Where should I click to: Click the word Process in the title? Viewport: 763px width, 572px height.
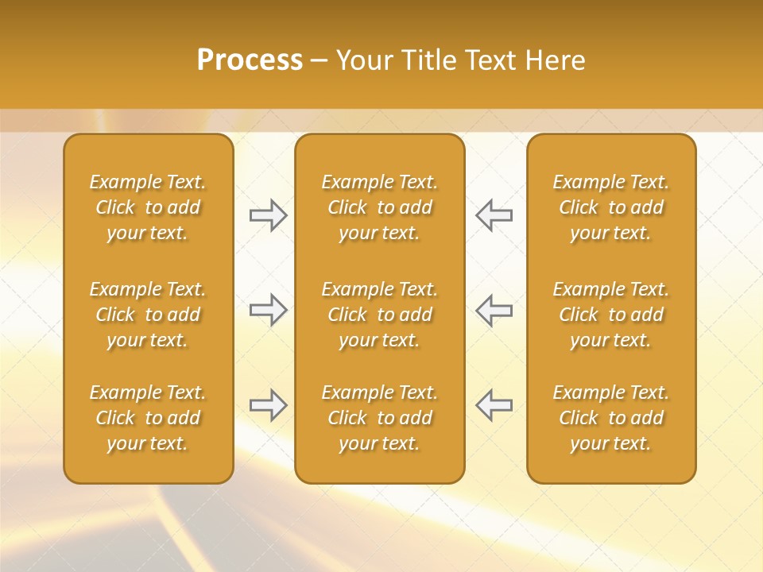click(250, 60)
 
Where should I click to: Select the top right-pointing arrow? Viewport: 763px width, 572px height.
click(268, 215)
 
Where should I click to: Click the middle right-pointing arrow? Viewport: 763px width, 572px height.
click(268, 310)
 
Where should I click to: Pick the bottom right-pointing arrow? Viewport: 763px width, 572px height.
click(268, 405)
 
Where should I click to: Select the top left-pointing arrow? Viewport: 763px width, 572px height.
click(494, 215)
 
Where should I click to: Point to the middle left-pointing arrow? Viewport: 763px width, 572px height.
click(494, 310)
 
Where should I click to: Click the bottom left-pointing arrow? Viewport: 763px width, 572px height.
click(494, 405)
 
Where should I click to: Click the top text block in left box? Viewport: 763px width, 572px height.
click(148, 207)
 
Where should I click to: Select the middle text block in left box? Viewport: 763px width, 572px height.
click(148, 315)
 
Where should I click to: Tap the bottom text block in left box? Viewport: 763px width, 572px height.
click(148, 418)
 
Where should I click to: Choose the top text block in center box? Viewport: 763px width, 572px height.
click(379, 207)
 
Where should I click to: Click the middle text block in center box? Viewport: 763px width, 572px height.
click(379, 315)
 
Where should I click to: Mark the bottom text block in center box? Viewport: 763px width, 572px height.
click(379, 418)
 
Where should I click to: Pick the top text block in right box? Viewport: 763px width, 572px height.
click(611, 207)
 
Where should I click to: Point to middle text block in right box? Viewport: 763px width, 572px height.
click(611, 315)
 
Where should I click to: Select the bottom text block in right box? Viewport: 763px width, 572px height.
click(611, 418)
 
